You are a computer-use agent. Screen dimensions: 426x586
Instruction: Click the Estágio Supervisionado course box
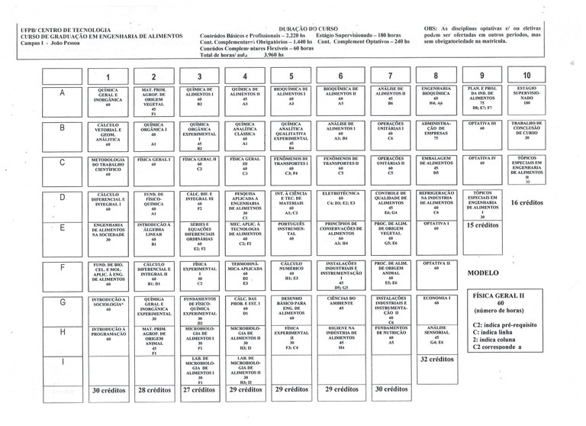click(x=526, y=97)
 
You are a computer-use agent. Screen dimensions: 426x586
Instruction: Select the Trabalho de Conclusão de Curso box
click(x=526, y=131)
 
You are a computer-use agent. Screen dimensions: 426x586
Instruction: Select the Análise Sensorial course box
click(x=433, y=334)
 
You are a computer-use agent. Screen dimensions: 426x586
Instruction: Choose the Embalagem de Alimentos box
click(x=433, y=165)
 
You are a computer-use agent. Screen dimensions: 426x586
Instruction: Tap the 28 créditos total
click(x=154, y=389)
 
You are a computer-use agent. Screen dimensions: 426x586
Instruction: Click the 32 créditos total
click(x=438, y=360)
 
